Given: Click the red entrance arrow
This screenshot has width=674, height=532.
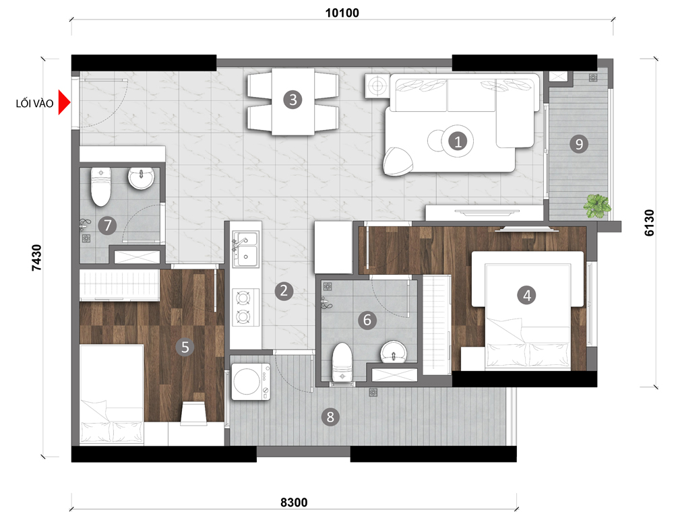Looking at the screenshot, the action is tap(63, 102).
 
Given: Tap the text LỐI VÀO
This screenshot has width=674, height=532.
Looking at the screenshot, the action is tap(34, 104).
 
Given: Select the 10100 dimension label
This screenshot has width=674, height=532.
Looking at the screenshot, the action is tap(342, 13).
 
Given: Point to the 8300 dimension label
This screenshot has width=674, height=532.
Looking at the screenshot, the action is tap(294, 502).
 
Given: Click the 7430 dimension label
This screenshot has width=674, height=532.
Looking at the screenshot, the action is tap(36, 258).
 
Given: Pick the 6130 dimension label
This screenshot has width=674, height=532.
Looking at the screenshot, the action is tap(649, 223).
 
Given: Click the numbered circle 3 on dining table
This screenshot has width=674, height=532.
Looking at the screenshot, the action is tap(293, 100).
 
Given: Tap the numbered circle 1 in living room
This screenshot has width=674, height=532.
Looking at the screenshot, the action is tap(458, 141).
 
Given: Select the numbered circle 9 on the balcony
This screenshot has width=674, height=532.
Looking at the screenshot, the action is tap(579, 144).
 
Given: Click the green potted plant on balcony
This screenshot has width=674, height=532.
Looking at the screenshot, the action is tap(597, 205).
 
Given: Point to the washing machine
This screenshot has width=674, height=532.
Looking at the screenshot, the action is tap(251, 382).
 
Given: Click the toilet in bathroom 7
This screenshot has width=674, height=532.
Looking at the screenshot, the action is tap(100, 187).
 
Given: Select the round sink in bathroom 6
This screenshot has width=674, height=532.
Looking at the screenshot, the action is tap(394, 352).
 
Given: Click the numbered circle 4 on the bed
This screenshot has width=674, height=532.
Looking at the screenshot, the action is tap(527, 296).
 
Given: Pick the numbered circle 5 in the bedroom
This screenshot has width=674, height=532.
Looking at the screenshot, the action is tap(185, 347).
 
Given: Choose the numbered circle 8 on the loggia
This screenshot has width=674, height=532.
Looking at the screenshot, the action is tap(330, 416).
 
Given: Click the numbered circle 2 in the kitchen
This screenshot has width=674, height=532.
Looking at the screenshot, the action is tap(284, 291).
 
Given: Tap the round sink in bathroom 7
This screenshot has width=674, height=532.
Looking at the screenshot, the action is tap(141, 178).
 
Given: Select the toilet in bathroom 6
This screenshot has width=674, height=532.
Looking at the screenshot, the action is tap(342, 362).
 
